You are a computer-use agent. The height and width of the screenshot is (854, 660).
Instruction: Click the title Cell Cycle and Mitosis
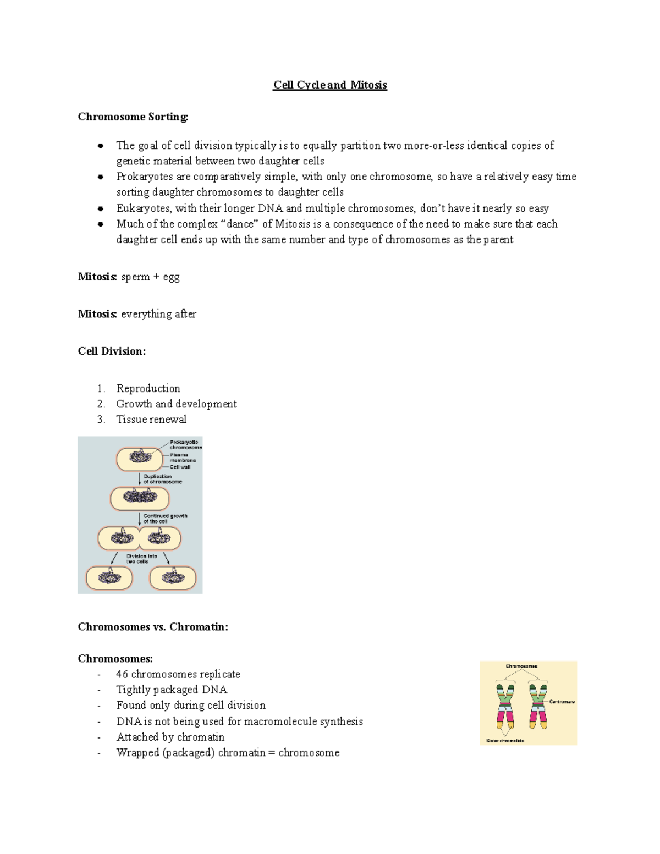click(x=330, y=85)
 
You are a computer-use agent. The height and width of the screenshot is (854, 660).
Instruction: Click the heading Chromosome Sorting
click(x=133, y=117)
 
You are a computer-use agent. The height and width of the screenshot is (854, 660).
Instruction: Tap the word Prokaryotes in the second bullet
click(x=143, y=177)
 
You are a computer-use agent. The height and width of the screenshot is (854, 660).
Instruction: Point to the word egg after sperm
click(x=171, y=277)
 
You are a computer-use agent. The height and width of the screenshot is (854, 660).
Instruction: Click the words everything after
click(x=158, y=314)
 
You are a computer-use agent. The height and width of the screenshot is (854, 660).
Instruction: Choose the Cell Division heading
click(x=112, y=351)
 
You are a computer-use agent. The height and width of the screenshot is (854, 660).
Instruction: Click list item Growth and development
click(x=177, y=404)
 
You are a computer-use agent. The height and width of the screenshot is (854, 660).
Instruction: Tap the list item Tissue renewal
click(x=151, y=420)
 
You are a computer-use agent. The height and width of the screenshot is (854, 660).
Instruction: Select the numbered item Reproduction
click(x=148, y=388)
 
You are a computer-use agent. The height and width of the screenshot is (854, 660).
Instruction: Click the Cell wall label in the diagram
click(x=180, y=467)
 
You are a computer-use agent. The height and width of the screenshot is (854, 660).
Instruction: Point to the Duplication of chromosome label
click(x=162, y=479)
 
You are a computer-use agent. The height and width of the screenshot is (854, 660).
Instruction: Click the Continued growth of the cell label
click(x=165, y=519)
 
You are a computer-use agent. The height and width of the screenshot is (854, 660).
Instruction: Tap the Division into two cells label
click(x=141, y=559)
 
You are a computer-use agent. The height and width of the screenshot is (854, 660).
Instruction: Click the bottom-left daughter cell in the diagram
click(x=109, y=578)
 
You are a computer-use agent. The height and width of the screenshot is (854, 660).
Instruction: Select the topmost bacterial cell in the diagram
click(x=139, y=459)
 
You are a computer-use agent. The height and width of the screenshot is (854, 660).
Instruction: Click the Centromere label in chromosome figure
click(x=562, y=702)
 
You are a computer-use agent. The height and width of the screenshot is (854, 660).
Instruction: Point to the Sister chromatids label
click(x=505, y=741)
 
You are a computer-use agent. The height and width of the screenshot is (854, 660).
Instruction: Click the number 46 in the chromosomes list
click(x=122, y=674)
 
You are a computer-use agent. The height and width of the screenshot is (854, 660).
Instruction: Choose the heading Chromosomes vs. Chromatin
click(x=153, y=627)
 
